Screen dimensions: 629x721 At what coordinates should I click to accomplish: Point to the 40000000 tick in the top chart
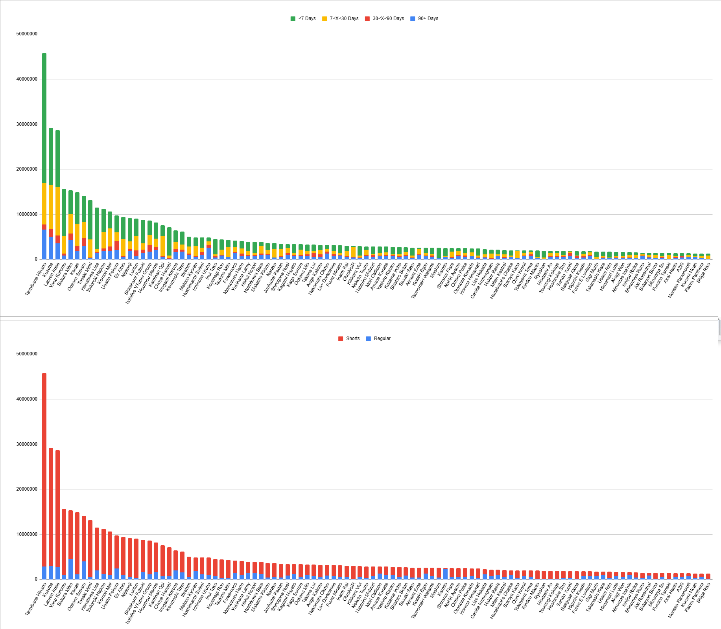click(27, 79)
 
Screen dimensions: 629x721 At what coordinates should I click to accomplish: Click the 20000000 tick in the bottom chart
click(27, 489)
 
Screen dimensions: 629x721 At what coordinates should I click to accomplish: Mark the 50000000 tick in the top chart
click(27, 34)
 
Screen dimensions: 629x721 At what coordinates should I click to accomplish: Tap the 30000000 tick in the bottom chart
click(27, 444)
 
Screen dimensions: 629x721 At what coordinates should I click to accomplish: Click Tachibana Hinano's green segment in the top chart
click(44, 118)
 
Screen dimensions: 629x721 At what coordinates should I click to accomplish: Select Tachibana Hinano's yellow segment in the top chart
click(44, 204)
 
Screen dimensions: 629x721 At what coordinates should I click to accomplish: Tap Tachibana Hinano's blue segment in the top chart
click(44, 244)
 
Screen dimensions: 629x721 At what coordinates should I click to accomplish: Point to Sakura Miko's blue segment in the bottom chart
click(70, 569)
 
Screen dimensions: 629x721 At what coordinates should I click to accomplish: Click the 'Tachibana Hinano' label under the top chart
click(36, 280)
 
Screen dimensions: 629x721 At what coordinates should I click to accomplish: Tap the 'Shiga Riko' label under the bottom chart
click(704, 592)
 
